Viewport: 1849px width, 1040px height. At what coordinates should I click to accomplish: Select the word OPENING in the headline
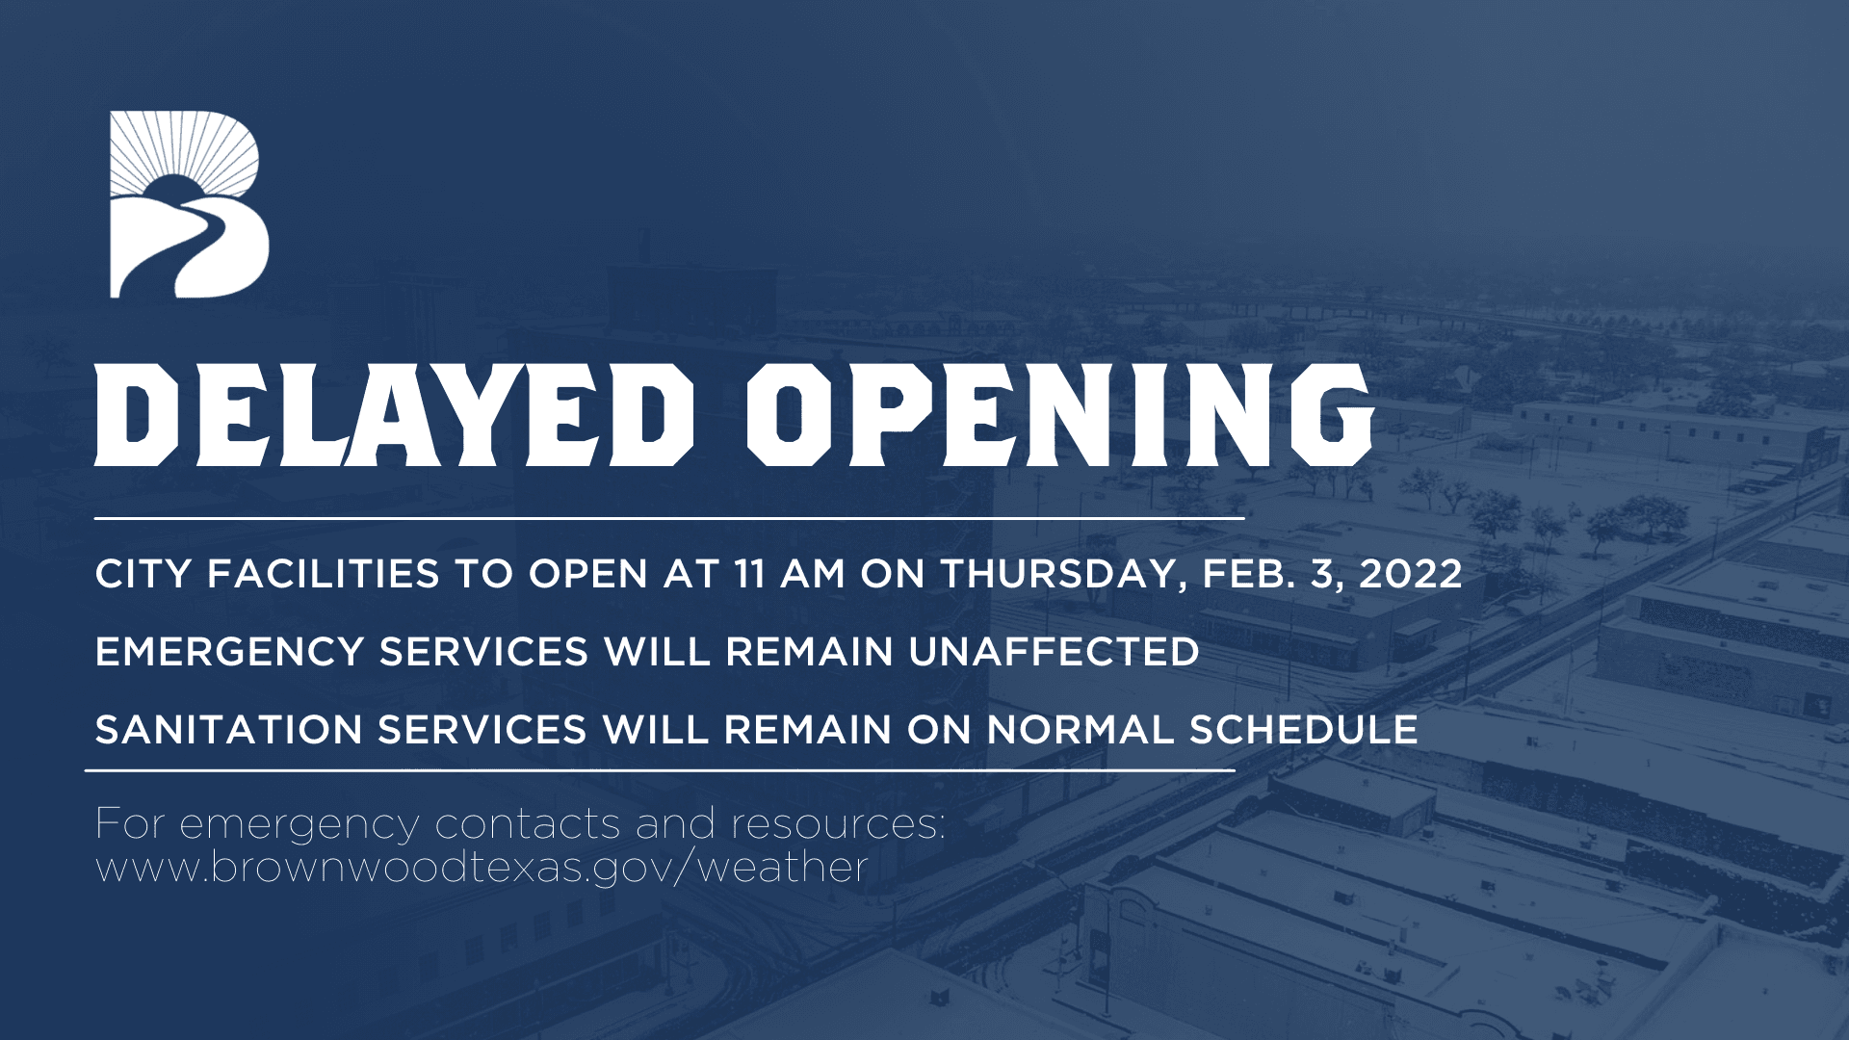[x=1059, y=415]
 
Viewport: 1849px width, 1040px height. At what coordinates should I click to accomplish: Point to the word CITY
[x=143, y=575]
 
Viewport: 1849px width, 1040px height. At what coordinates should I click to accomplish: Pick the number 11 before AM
[x=749, y=575]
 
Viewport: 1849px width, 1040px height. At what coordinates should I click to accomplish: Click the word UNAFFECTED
[x=1054, y=653]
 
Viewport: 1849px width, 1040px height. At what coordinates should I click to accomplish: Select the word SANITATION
[x=228, y=730]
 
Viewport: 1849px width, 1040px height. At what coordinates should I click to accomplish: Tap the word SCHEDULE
[x=1303, y=730]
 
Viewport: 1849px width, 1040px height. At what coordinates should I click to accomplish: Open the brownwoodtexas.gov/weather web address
[x=482, y=869]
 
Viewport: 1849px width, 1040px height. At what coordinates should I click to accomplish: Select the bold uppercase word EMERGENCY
[x=228, y=653]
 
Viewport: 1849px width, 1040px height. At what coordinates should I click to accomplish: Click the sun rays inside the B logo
[x=183, y=144]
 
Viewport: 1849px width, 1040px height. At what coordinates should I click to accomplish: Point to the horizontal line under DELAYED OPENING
[x=669, y=518]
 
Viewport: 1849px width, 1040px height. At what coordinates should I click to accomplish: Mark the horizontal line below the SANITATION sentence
[x=660, y=770]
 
